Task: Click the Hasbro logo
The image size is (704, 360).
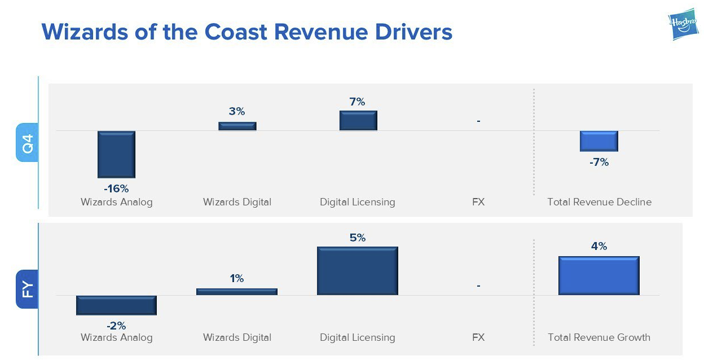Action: coord(683,25)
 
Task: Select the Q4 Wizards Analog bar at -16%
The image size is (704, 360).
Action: coord(116,154)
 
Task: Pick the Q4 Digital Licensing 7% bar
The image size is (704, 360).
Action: coord(358,120)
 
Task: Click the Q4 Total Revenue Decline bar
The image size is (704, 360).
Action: coord(599,141)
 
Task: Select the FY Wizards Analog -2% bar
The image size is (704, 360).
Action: coord(116,305)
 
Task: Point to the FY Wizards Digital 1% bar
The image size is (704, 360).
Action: coord(237,291)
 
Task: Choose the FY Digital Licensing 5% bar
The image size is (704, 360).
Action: coord(358,271)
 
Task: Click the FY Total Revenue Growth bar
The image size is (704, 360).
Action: coord(599,275)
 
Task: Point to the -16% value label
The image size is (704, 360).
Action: coord(116,188)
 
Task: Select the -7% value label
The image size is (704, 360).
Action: coord(599,162)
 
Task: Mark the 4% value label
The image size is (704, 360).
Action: coord(599,246)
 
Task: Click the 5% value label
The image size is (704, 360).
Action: coord(358,238)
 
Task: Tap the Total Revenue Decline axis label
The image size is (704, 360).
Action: coord(599,202)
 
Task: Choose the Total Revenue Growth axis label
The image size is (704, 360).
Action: coord(599,337)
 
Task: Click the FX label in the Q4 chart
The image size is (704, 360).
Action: coord(478,202)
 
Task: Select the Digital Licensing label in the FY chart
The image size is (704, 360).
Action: coord(358,337)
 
